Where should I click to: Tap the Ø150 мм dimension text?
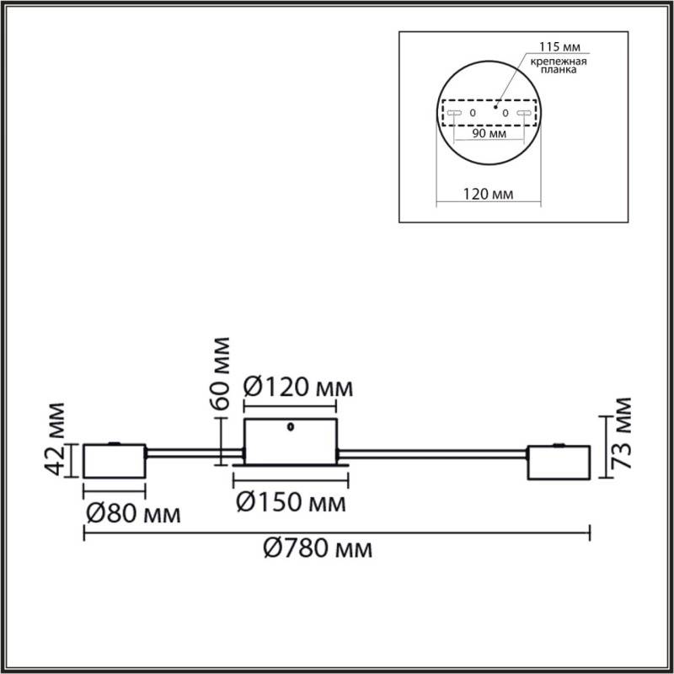(x=291, y=503)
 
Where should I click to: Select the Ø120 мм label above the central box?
(x=297, y=388)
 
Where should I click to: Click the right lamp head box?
(x=558, y=462)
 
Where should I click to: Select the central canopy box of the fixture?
(x=291, y=439)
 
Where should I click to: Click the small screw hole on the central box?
(x=290, y=425)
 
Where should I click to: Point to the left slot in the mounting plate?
(x=453, y=112)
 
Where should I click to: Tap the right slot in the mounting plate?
(x=525, y=112)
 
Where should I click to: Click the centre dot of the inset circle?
(x=497, y=106)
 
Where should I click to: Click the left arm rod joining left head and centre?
(x=194, y=455)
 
